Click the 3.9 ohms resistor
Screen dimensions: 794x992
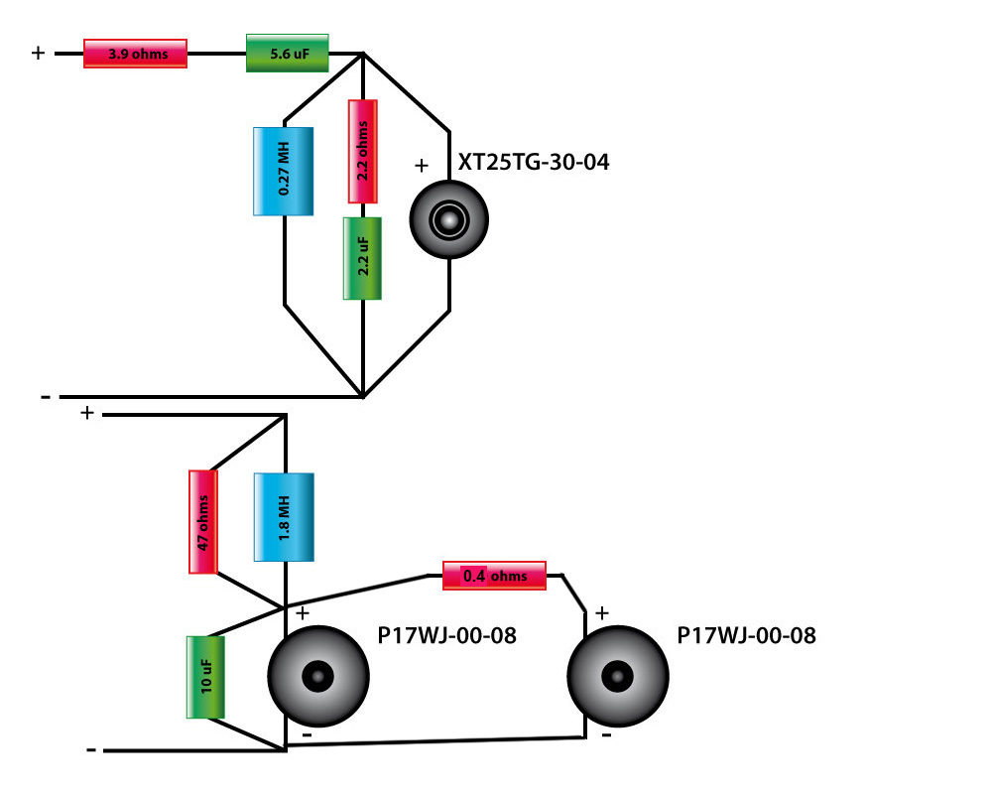[x=136, y=54]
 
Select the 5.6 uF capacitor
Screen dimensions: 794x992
[x=287, y=53]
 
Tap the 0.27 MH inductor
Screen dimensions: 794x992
[x=284, y=171]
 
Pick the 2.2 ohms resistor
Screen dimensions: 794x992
[x=363, y=152]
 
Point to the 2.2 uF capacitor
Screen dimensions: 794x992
[x=363, y=258]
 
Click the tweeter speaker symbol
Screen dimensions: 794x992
[x=450, y=219]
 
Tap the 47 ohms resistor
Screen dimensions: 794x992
[x=202, y=521]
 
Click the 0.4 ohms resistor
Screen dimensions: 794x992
[x=494, y=576]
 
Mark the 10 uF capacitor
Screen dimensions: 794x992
[x=205, y=677]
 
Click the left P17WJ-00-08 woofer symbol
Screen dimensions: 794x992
[x=318, y=677]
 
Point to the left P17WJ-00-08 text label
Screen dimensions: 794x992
[x=446, y=635]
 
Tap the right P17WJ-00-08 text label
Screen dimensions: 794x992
[x=746, y=635]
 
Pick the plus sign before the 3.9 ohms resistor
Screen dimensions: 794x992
[x=39, y=53]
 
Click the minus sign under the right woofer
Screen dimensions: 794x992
[x=606, y=736]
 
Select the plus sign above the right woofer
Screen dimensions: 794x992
[x=602, y=612]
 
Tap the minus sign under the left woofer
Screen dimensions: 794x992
[x=307, y=735]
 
